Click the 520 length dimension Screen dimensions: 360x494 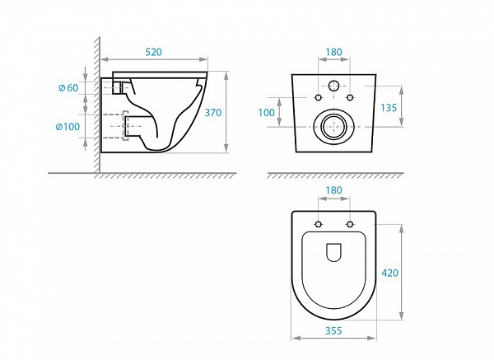[x=153, y=51]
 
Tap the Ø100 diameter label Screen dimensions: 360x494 [x=68, y=126]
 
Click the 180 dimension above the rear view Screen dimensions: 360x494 [x=333, y=51]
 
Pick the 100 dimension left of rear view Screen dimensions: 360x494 [x=267, y=112]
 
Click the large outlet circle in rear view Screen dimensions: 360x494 [x=333, y=126]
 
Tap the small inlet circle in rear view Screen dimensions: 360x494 [x=333, y=86]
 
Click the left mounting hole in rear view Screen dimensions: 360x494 [x=318, y=97]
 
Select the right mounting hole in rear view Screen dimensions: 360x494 [x=350, y=97]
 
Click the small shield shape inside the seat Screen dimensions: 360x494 [x=333, y=253]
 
